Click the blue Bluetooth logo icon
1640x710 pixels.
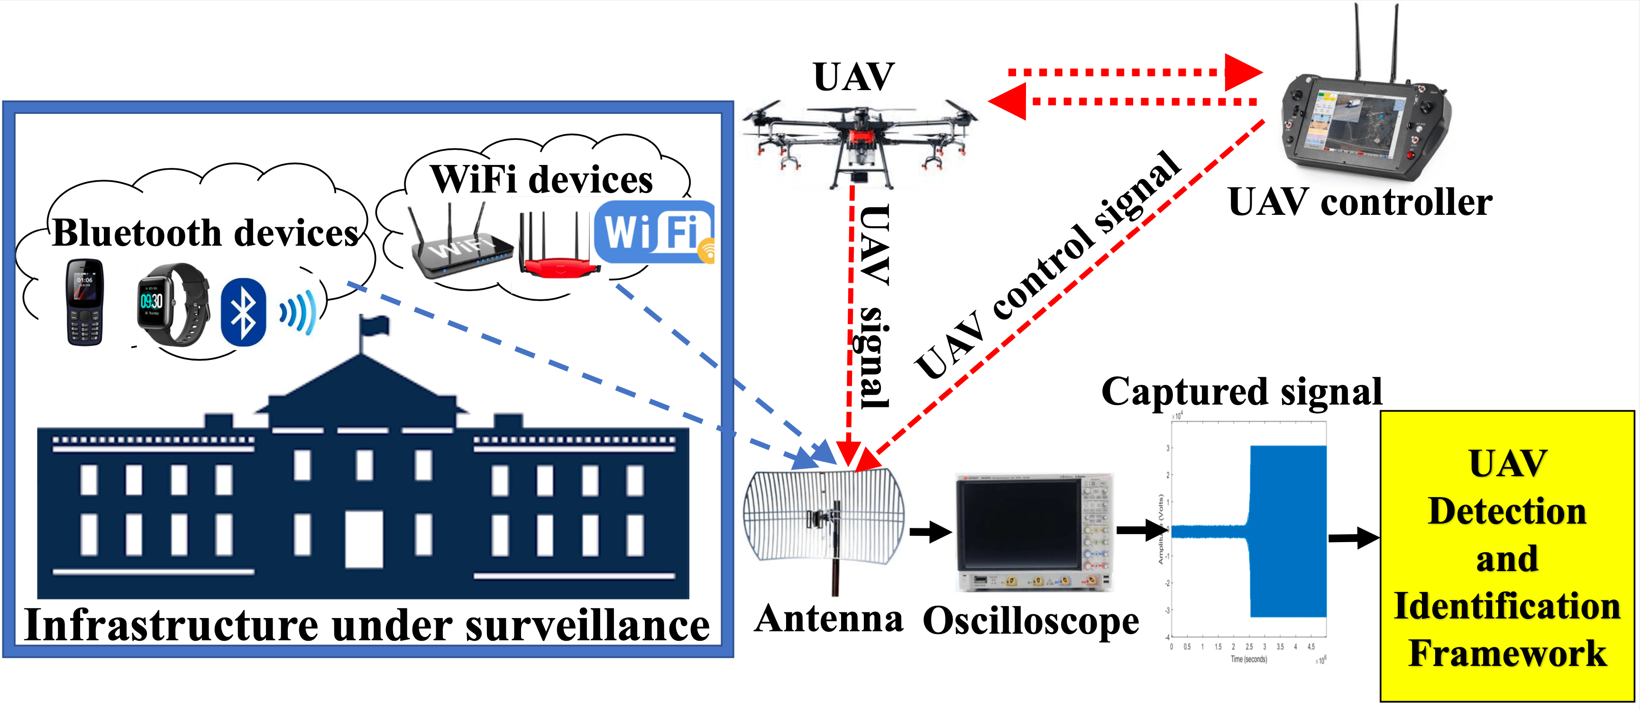(x=243, y=312)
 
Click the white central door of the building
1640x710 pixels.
(x=364, y=538)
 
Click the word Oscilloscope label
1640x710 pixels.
(x=1031, y=621)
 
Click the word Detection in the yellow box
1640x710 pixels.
(x=1507, y=511)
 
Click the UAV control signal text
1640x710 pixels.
(x=1047, y=264)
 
